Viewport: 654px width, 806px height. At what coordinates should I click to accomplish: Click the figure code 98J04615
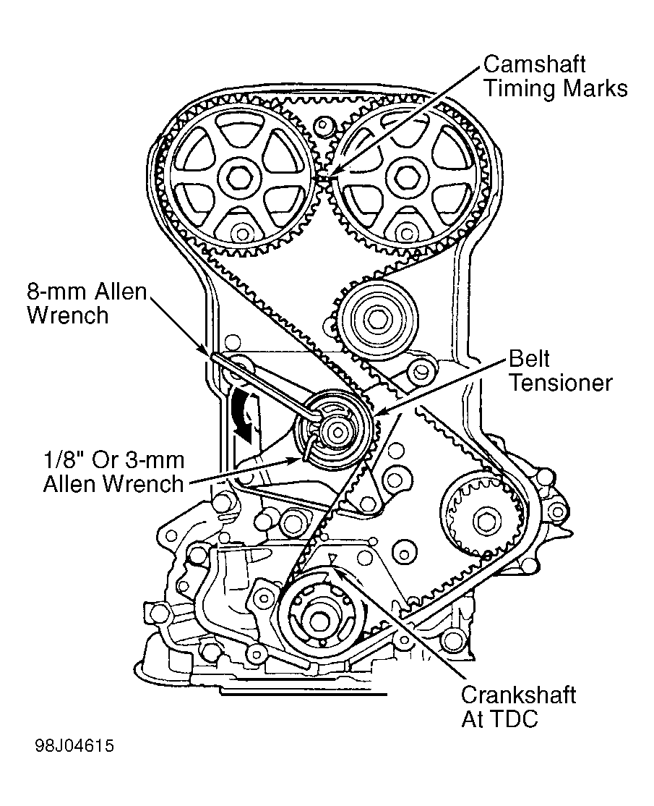point(72,745)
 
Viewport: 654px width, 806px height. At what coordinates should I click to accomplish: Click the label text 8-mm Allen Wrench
point(87,304)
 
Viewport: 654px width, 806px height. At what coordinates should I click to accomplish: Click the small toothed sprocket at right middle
point(482,517)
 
